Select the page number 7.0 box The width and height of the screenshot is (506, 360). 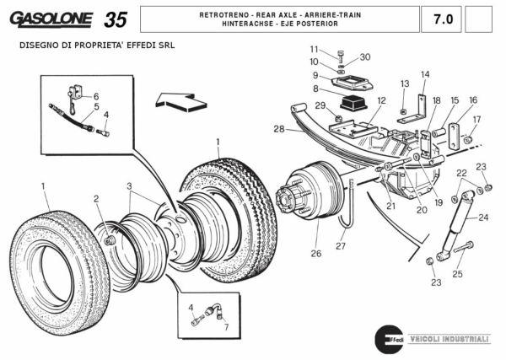(442, 18)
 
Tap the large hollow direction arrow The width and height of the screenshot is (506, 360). (182, 103)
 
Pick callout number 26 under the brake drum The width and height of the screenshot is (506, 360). (316, 252)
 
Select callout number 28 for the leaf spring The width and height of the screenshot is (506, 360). (278, 129)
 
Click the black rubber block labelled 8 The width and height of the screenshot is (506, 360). (351, 105)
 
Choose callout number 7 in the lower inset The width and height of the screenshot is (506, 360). (225, 325)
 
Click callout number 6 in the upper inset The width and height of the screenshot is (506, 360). (95, 96)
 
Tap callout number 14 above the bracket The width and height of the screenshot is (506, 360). (425, 74)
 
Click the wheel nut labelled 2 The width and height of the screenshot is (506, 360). (109, 242)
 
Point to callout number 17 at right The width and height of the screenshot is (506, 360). (476, 119)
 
